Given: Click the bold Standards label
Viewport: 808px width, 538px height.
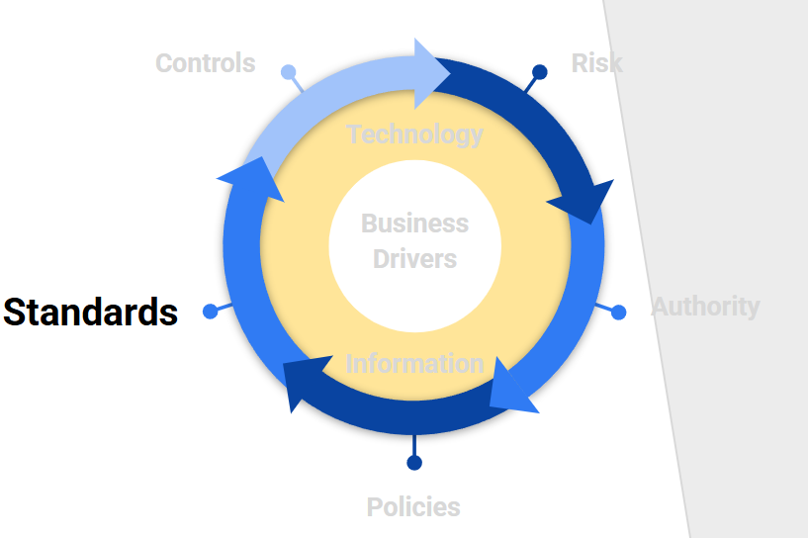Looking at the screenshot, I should (90, 312).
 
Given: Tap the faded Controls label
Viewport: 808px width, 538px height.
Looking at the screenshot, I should (205, 63).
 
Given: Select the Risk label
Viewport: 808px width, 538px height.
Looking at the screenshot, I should (596, 63).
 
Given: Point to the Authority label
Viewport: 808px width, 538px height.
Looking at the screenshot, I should (705, 307).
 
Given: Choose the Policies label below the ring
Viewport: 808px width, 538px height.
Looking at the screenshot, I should (413, 507).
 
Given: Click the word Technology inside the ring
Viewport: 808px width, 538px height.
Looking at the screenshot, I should (414, 134).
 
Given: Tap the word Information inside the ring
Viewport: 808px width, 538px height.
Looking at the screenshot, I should (414, 363).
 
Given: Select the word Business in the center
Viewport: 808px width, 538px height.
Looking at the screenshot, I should (414, 223).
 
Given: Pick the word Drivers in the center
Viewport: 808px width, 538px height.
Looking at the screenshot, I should (414, 259).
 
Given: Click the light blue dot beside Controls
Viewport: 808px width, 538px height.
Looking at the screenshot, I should (288, 72).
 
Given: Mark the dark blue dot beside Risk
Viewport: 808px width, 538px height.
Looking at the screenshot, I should (540, 72).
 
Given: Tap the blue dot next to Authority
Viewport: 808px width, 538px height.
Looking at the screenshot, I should (619, 313).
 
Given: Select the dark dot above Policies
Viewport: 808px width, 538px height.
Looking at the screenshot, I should (414, 463).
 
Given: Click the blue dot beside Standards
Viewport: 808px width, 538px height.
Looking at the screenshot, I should (210, 312).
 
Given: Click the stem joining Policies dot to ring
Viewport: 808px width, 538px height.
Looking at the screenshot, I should (414, 444).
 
